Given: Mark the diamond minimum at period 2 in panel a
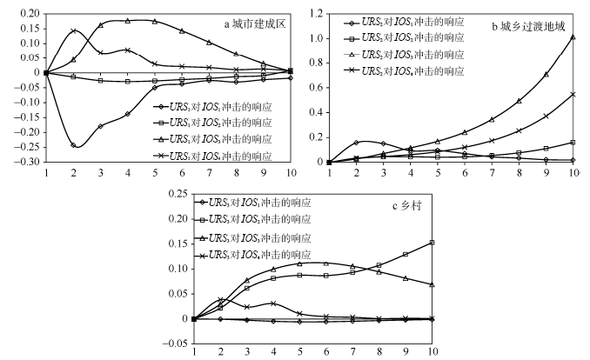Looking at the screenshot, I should pos(73,145).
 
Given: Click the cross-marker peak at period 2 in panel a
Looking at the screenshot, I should pos(73,31).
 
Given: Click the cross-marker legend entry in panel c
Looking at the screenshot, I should pos(256,257).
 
